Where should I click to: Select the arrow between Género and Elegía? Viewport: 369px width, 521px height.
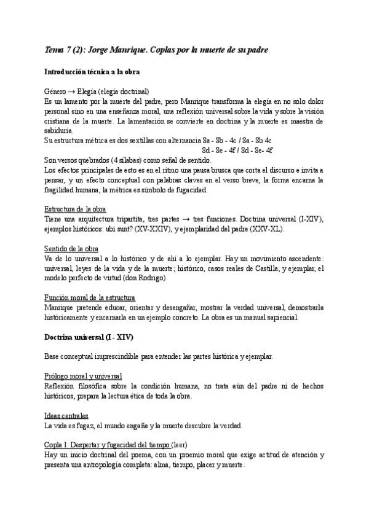[x=72, y=90]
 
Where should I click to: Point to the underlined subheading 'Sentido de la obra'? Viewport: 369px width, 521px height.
[x=71, y=248]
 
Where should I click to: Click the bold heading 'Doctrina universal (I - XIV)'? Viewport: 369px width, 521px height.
[x=89, y=337]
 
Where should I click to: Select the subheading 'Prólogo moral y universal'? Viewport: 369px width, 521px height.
[x=83, y=375]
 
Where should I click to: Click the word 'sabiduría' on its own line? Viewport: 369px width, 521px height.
[x=58, y=130]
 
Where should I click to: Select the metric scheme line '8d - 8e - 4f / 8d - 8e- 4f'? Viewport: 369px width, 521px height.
[x=237, y=149]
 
